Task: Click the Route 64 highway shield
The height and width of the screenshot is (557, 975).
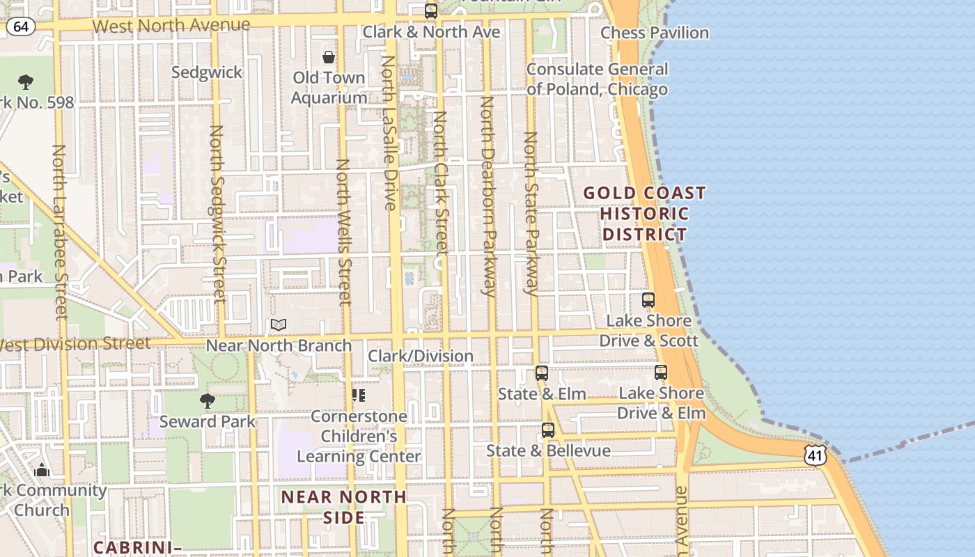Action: click(21, 27)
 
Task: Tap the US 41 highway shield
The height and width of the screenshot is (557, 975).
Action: click(815, 455)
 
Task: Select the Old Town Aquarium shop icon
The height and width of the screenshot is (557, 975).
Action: click(329, 57)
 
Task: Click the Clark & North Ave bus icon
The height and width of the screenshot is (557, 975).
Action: click(431, 11)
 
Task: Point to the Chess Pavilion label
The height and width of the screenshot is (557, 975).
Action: click(654, 33)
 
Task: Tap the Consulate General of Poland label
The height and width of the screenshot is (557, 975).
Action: click(597, 79)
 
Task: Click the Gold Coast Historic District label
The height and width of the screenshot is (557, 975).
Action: click(644, 213)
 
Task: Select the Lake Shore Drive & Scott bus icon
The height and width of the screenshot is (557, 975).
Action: click(648, 300)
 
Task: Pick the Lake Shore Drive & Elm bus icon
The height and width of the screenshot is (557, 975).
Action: click(661, 372)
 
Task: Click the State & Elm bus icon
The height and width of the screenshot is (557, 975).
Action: click(542, 373)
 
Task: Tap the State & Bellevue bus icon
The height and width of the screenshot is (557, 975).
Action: click(548, 430)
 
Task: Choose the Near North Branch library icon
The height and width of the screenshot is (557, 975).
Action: click(279, 324)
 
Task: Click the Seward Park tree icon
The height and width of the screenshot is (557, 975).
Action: click(207, 401)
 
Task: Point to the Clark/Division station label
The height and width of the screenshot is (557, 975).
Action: click(421, 356)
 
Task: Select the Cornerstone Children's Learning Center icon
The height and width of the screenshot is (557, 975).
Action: click(359, 395)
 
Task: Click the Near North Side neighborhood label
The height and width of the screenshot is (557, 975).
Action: click(344, 507)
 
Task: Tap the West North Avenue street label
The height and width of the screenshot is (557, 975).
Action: click(171, 26)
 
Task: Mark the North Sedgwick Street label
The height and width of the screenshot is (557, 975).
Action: click(218, 214)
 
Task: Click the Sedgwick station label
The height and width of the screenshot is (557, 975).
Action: click(207, 72)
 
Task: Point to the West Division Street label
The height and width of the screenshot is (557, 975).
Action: click(75, 344)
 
